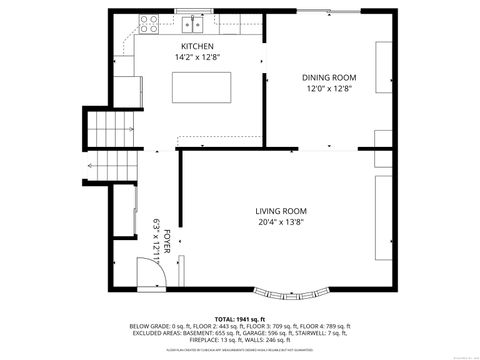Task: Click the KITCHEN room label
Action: pos(196,47)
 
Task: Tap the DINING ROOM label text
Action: pos(329,77)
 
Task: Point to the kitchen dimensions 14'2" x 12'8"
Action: pos(196,58)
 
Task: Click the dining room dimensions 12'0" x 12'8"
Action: pos(329,89)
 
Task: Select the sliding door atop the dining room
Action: pos(330,11)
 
